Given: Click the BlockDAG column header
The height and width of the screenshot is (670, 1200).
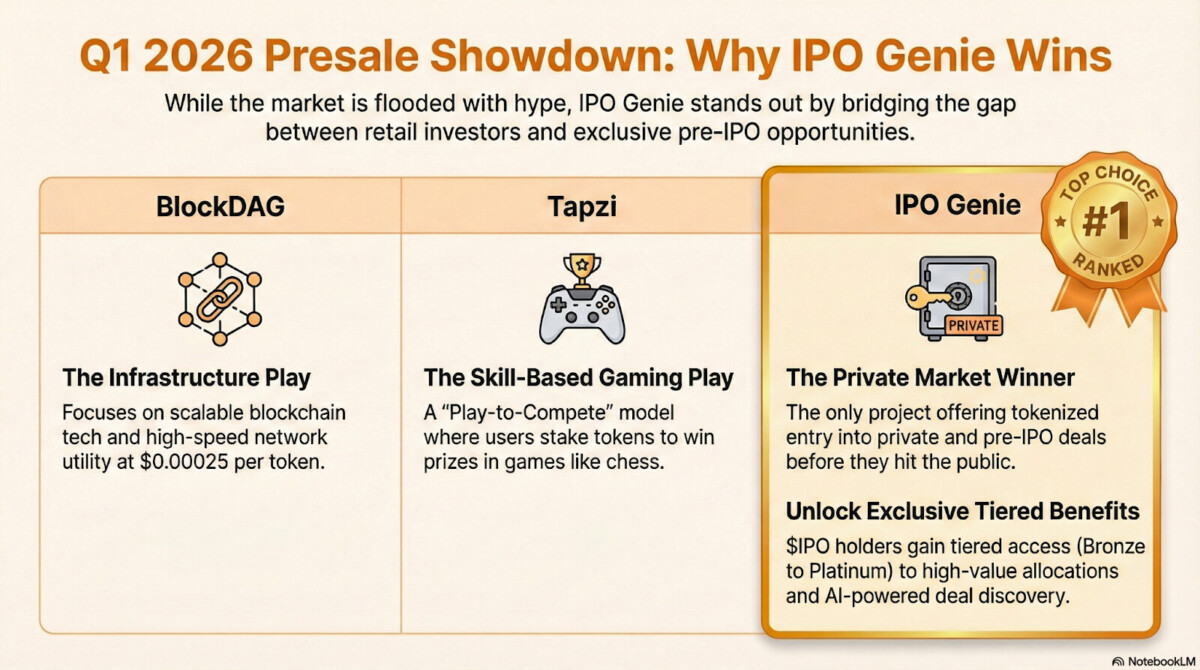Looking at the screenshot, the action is pos(220,207).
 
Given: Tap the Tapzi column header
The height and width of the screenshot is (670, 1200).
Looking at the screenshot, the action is pos(582,207).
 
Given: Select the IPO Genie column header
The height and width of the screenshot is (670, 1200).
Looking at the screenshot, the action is pos(957,205).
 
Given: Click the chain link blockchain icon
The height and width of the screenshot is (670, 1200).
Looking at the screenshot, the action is pos(220,299).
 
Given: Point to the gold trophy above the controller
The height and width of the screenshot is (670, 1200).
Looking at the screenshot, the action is pos(582,269).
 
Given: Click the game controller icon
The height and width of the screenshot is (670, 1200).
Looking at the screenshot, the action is pos(582,316).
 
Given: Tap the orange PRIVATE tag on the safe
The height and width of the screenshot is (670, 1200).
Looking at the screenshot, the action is pos(973,326).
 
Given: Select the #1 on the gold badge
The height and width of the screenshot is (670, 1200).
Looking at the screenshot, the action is pos(1107,222).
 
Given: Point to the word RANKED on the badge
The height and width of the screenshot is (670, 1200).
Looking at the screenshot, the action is pos(1108,265).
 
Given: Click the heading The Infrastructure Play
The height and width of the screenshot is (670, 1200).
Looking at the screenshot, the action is pos(186,378).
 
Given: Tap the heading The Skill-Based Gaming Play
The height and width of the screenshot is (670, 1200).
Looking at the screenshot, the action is pos(579,378).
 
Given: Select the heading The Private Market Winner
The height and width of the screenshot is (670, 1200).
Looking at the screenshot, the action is pos(930,378).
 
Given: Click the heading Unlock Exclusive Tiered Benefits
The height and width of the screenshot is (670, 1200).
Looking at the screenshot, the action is pos(963,511).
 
